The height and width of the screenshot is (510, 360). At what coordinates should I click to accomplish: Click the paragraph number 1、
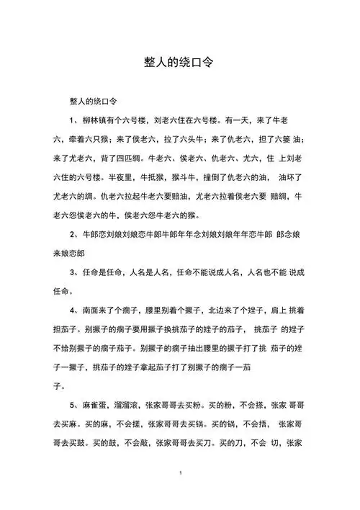coord(73,120)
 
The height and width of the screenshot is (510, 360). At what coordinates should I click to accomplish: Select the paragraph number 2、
coord(73,235)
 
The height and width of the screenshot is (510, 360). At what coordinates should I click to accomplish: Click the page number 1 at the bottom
coord(180,473)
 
